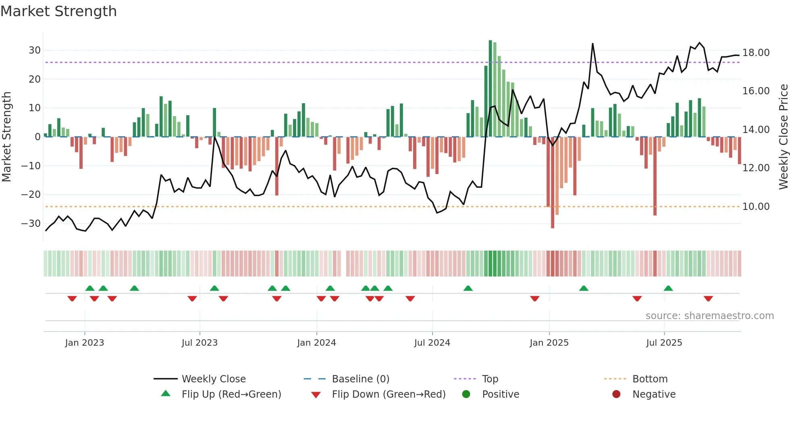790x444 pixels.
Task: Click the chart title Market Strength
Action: coord(58,11)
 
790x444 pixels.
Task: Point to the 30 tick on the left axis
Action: coord(34,50)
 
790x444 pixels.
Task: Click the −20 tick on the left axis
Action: coord(31,195)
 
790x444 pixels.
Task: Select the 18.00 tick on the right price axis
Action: coord(756,53)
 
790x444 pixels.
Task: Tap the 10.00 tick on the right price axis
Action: coord(756,207)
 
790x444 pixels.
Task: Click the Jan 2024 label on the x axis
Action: coord(316,343)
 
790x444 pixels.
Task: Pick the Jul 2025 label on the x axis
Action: coord(664,343)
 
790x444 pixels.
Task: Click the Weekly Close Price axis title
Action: coord(783,137)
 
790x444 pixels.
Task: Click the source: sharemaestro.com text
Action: coord(709,316)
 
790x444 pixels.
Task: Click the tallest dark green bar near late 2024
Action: coord(490,89)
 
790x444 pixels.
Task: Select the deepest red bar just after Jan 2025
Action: coord(553,182)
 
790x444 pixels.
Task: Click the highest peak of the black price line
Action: coord(592,44)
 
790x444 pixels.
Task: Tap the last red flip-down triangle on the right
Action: coord(708,299)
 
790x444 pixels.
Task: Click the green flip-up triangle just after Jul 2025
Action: coord(668,288)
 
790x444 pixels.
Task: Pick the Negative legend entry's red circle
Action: coord(616,394)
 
